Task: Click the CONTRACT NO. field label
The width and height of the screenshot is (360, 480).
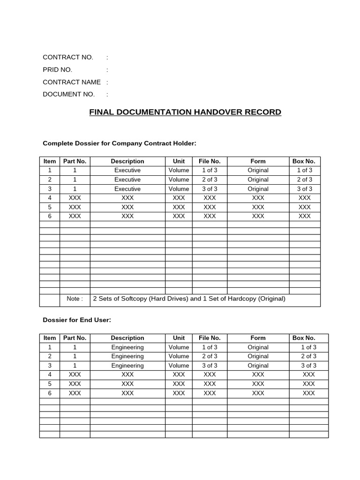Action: (68, 57)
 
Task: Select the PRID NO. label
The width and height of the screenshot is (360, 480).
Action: (58, 69)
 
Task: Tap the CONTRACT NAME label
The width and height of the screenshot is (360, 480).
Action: (72, 82)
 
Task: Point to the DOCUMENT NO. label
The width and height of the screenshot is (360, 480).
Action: (69, 94)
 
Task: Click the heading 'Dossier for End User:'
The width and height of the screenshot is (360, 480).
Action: (77, 320)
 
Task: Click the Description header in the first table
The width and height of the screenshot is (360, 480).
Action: (127, 161)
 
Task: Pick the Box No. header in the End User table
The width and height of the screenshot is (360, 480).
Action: (304, 338)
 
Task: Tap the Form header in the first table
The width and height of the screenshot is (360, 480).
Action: (258, 161)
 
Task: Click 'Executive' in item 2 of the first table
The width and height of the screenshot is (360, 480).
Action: (127, 180)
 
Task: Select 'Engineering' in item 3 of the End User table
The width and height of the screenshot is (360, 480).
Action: (127, 366)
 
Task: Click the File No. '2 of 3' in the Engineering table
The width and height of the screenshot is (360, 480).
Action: (210, 356)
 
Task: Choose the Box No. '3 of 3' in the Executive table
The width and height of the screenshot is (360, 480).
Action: (304, 189)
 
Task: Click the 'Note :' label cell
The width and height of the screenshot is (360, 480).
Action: (75, 299)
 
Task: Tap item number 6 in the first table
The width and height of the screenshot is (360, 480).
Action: (50, 216)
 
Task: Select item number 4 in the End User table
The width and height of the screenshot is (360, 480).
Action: (50, 375)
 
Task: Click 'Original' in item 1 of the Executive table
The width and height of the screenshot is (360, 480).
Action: (258, 170)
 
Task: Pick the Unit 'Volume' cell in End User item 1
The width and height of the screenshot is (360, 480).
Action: (179, 347)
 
